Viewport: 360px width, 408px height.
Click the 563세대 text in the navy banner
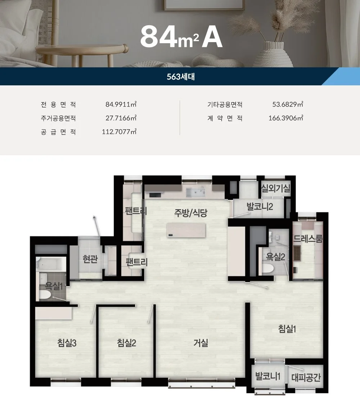[x=181, y=77]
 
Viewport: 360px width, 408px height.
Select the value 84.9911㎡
[x=121, y=104]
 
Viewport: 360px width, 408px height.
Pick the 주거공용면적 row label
[x=58, y=118]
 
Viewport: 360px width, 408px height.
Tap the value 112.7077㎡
[x=119, y=132]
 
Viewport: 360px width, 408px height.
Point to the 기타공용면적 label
[x=225, y=104]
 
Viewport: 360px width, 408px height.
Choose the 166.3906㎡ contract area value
[x=286, y=118]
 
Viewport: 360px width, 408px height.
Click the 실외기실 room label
[x=276, y=188]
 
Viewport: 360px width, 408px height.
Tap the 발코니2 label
[x=260, y=207]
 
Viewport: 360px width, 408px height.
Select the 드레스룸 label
[x=308, y=239]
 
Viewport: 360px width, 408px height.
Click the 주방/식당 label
[x=191, y=213]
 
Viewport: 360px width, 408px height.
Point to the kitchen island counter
[x=186, y=230]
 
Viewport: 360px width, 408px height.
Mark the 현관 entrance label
[x=90, y=259]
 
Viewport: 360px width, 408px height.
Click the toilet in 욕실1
[x=45, y=295]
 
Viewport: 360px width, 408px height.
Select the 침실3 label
[x=67, y=343]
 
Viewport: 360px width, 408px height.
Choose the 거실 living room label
[x=201, y=343]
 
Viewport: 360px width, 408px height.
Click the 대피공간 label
[x=306, y=377]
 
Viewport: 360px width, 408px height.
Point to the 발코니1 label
[x=267, y=376]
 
